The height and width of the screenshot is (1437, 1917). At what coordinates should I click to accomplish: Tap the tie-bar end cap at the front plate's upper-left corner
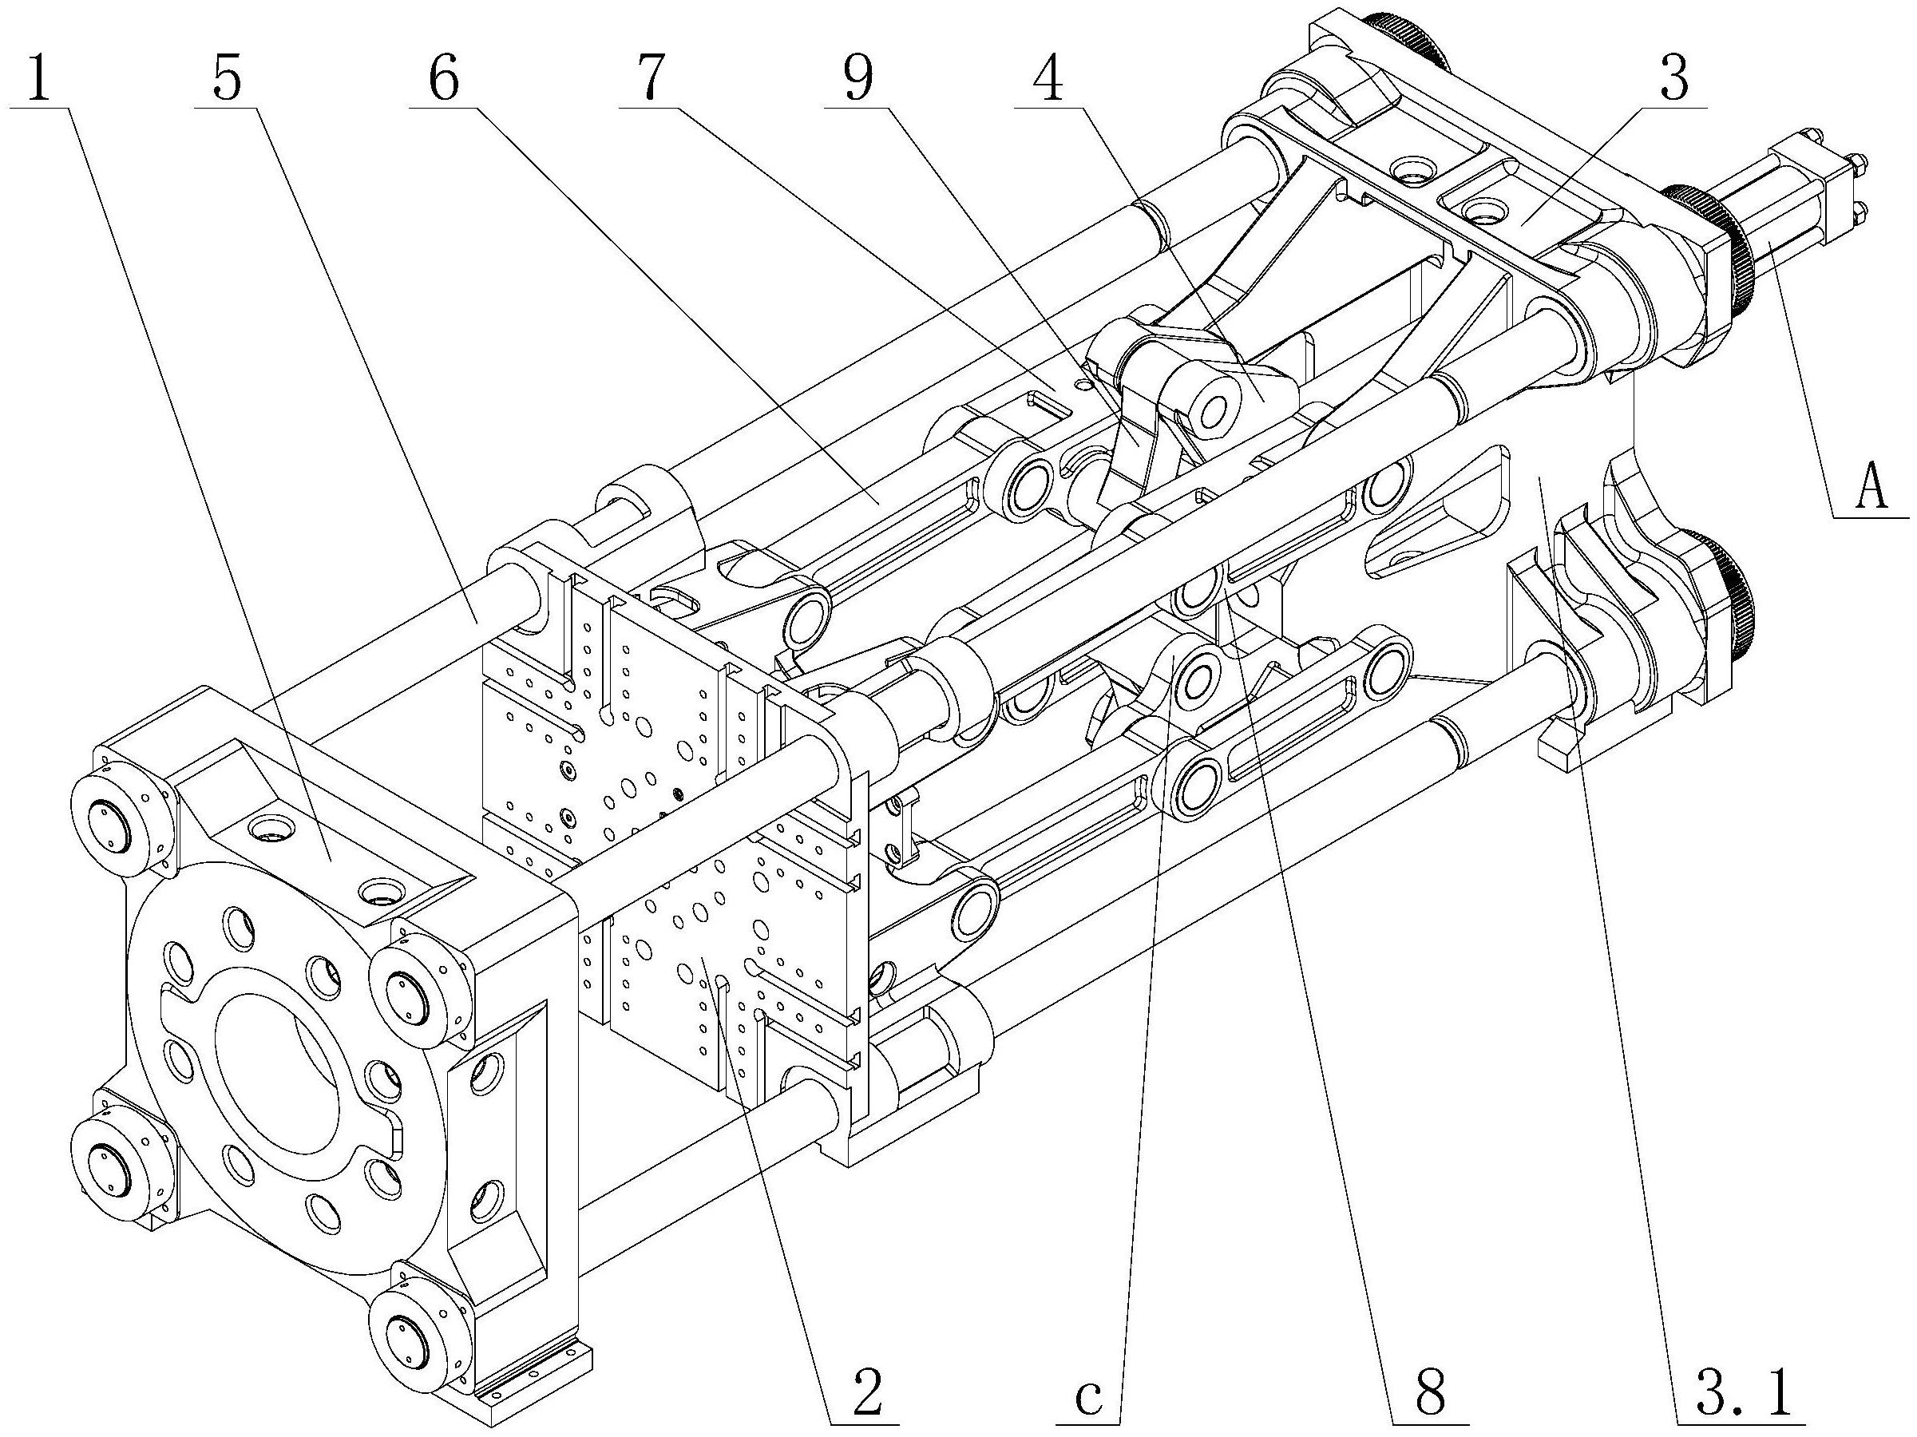109,824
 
